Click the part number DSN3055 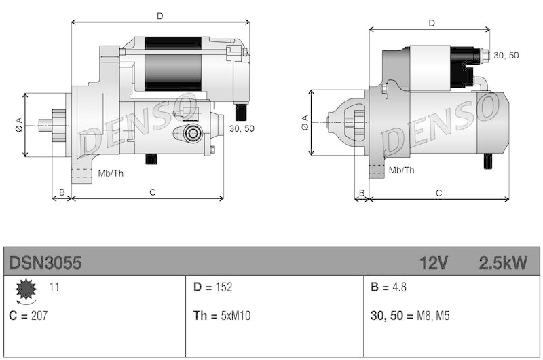[45, 263]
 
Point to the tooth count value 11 [54, 287]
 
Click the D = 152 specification [213, 287]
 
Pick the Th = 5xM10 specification [221, 315]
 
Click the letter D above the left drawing [160, 15]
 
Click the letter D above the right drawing [431, 23]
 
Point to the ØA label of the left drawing [18, 124]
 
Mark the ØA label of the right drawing [304, 122]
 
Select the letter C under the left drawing [153, 193]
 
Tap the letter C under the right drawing [438, 193]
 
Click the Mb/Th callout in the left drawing [111, 173]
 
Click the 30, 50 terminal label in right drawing [506, 55]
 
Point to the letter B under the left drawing [62, 193]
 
